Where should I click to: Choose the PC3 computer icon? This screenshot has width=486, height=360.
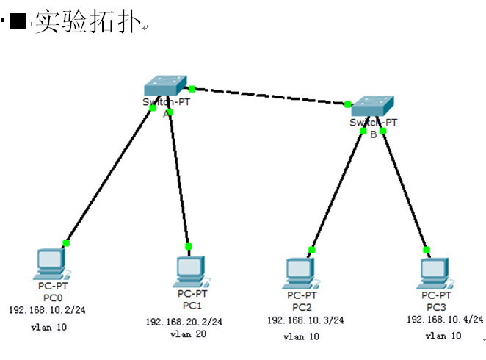(434, 270)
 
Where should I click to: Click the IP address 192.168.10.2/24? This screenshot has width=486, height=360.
(47, 310)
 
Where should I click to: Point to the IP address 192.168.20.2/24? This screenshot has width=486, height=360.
(184, 322)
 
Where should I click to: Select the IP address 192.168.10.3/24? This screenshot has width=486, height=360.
(305, 320)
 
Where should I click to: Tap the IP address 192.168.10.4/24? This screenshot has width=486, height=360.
(445, 319)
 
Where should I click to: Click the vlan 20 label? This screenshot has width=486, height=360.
(188, 334)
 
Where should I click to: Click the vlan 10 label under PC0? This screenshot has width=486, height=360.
(48, 327)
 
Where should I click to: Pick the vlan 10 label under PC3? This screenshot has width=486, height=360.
(443, 336)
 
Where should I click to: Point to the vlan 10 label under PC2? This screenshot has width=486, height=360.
(301, 336)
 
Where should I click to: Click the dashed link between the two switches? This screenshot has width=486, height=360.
(269, 96)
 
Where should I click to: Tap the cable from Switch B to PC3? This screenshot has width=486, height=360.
(404, 190)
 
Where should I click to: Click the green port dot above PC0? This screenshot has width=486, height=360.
(66, 242)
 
